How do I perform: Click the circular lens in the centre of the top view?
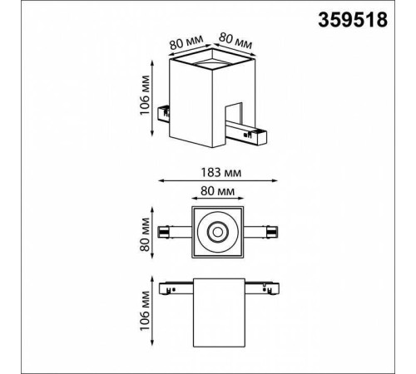[x=220, y=233]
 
